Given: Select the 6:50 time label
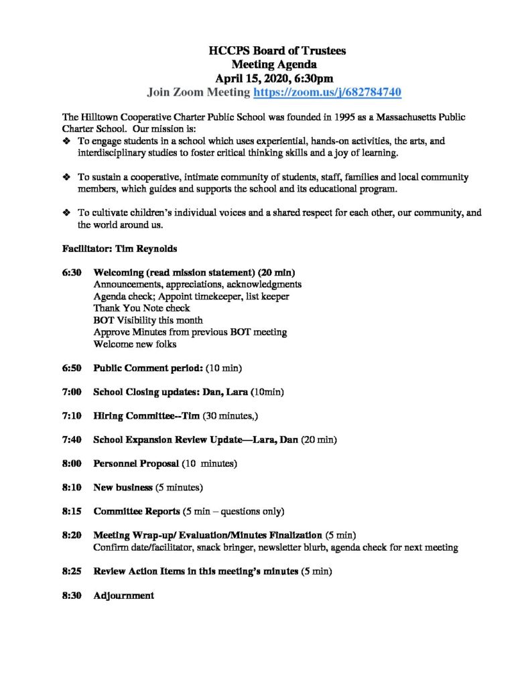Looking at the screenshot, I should (x=72, y=368).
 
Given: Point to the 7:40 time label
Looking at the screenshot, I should (x=72, y=439).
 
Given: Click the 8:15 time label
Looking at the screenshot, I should (x=72, y=511).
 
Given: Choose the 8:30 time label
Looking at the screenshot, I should (x=72, y=595).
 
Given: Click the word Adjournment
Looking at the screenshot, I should (x=124, y=595).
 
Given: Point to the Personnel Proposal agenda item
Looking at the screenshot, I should (x=136, y=464).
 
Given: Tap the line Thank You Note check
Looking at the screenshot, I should (x=141, y=308).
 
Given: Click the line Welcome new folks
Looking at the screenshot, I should (x=134, y=344).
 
